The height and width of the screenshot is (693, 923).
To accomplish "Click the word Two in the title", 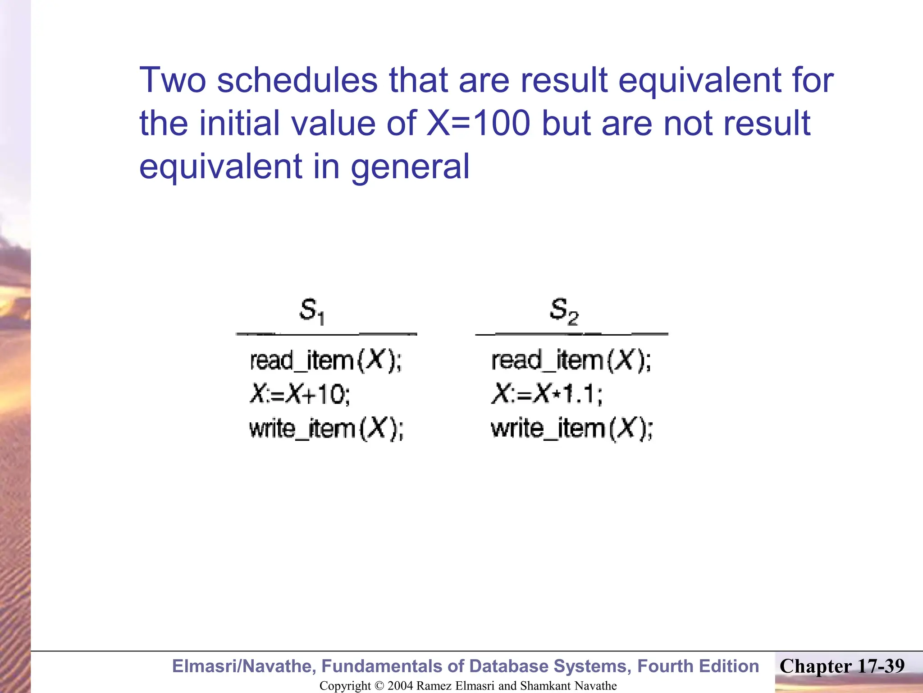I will point(173,80).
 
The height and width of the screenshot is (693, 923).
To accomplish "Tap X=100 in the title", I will point(478,123).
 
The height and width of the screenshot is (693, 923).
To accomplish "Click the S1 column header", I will point(312,311).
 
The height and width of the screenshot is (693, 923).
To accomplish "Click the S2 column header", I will point(564,311).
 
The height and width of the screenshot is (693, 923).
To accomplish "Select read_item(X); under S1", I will point(325,361).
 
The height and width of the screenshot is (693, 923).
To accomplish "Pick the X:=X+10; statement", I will point(300,394).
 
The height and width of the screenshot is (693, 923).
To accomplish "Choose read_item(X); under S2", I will point(571,361).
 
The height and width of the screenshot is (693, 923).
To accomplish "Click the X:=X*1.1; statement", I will point(547,394).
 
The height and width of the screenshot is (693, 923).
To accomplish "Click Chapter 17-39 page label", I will point(842,666).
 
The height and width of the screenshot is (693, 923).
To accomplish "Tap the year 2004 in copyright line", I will point(400,686).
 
